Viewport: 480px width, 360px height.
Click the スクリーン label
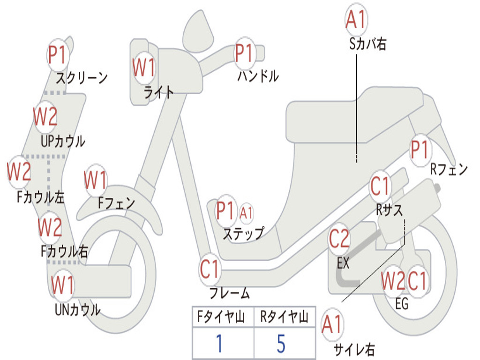pyautogui.click(x=82, y=78)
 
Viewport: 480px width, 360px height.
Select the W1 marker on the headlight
pyautogui.click(x=144, y=67)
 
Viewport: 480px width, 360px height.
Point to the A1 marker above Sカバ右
pyautogui.click(x=356, y=20)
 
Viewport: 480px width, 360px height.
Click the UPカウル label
pyautogui.click(x=63, y=142)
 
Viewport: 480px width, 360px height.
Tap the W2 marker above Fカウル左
pyautogui.click(x=19, y=172)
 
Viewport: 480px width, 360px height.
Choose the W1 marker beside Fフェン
pyautogui.click(x=96, y=180)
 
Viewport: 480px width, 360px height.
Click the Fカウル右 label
pyautogui.click(x=65, y=251)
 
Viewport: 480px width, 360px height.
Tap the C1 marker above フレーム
pyautogui.click(x=210, y=270)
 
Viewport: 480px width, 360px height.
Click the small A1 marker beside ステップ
pyautogui.click(x=246, y=213)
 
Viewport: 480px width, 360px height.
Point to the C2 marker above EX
pyautogui.click(x=339, y=239)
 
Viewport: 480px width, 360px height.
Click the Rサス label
pyautogui.click(x=389, y=210)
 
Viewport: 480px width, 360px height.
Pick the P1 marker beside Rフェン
pyautogui.click(x=420, y=150)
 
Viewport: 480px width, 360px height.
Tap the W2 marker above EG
pyautogui.click(x=393, y=281)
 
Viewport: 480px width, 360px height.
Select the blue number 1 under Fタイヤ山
pyautogui.click(x=219, y=343)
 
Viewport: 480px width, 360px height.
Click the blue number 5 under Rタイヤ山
pyautogui.click(x=281, y=343)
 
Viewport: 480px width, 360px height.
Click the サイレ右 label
pyautogui.click(x=354, y=350)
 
